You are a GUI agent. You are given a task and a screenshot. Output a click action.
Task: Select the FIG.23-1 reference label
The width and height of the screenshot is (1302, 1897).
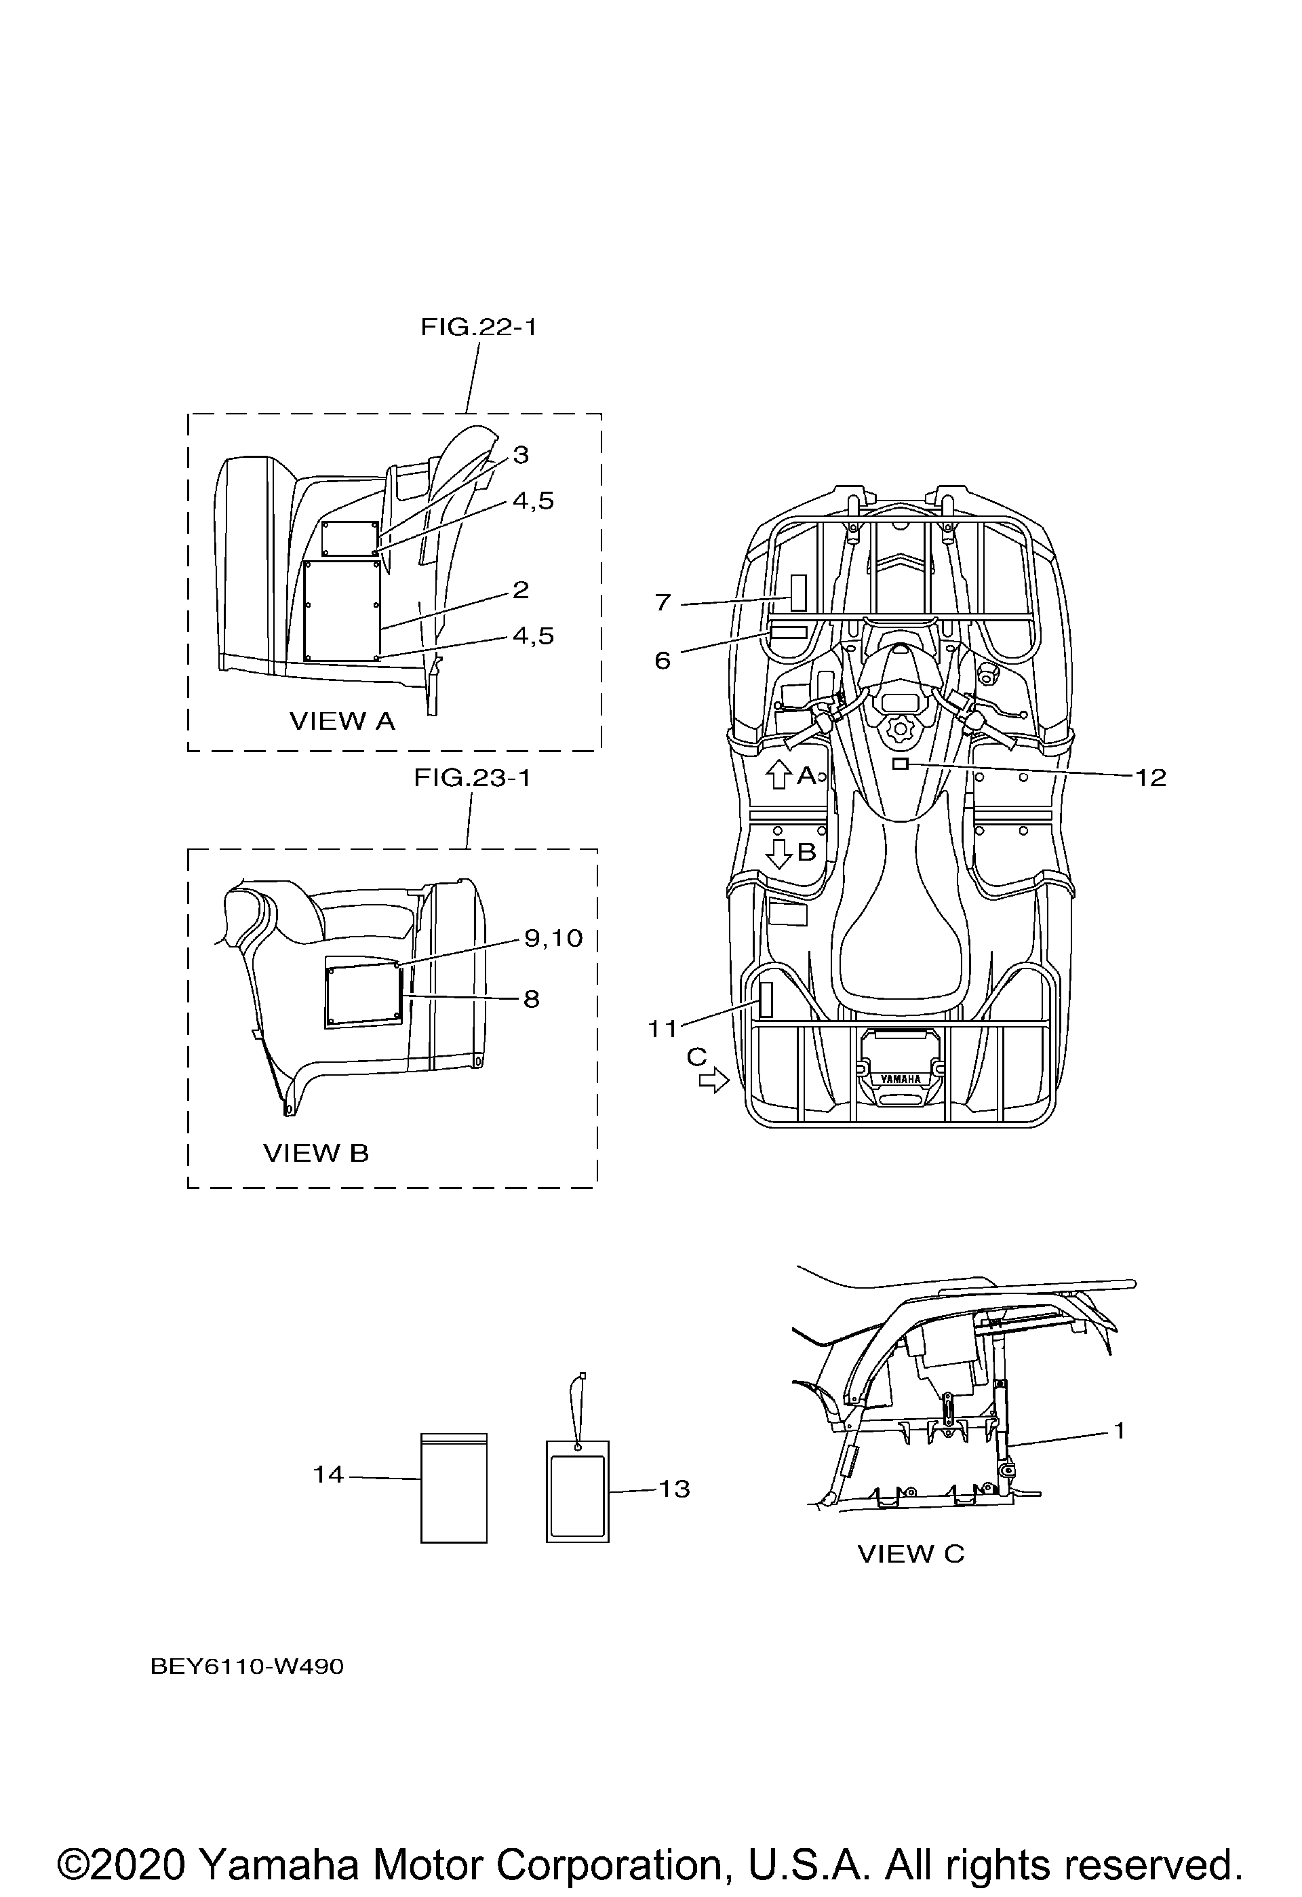[472, 778]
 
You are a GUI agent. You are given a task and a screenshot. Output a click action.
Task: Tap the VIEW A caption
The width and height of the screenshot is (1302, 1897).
[342, 721]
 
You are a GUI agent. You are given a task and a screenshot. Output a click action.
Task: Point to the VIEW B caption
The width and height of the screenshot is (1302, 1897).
[316, 1154]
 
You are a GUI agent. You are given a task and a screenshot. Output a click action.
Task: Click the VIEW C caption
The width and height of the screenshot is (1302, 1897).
[911, 1554]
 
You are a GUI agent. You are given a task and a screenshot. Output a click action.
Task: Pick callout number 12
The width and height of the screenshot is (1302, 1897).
[1151, 777]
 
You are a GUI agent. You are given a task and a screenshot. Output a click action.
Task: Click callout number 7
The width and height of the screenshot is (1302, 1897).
[663, 602]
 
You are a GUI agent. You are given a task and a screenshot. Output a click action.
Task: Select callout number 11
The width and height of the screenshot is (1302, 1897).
[663, 1030]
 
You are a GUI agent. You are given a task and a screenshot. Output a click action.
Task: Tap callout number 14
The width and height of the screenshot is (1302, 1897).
[329, 1475]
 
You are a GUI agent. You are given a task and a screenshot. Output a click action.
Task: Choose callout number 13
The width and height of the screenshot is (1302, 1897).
[674, 1489]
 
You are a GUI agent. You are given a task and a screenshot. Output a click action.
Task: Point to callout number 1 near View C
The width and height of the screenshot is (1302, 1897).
[1120, 1431]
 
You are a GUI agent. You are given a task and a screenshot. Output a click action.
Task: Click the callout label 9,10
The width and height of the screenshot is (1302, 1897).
[553, 938]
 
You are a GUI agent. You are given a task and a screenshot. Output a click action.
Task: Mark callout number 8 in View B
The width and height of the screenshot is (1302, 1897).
[532, 999]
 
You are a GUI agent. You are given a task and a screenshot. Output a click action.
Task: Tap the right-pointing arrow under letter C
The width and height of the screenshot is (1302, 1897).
[714, 1082]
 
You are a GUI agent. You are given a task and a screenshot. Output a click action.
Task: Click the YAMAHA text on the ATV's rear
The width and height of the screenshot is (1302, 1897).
[901, 1079]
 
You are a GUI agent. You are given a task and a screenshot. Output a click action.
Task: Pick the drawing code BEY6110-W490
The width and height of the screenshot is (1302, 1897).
[248, 1667]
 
